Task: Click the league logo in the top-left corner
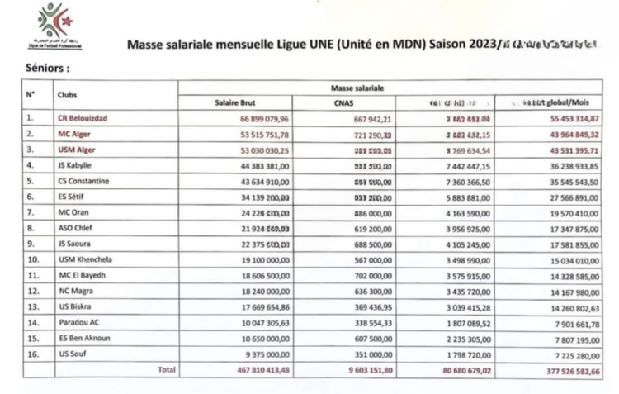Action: (x=56, y=26)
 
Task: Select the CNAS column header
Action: (x=345, y=102)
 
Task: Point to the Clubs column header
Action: (x=68, y=94)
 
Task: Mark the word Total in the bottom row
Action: (x=167, y=371)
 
